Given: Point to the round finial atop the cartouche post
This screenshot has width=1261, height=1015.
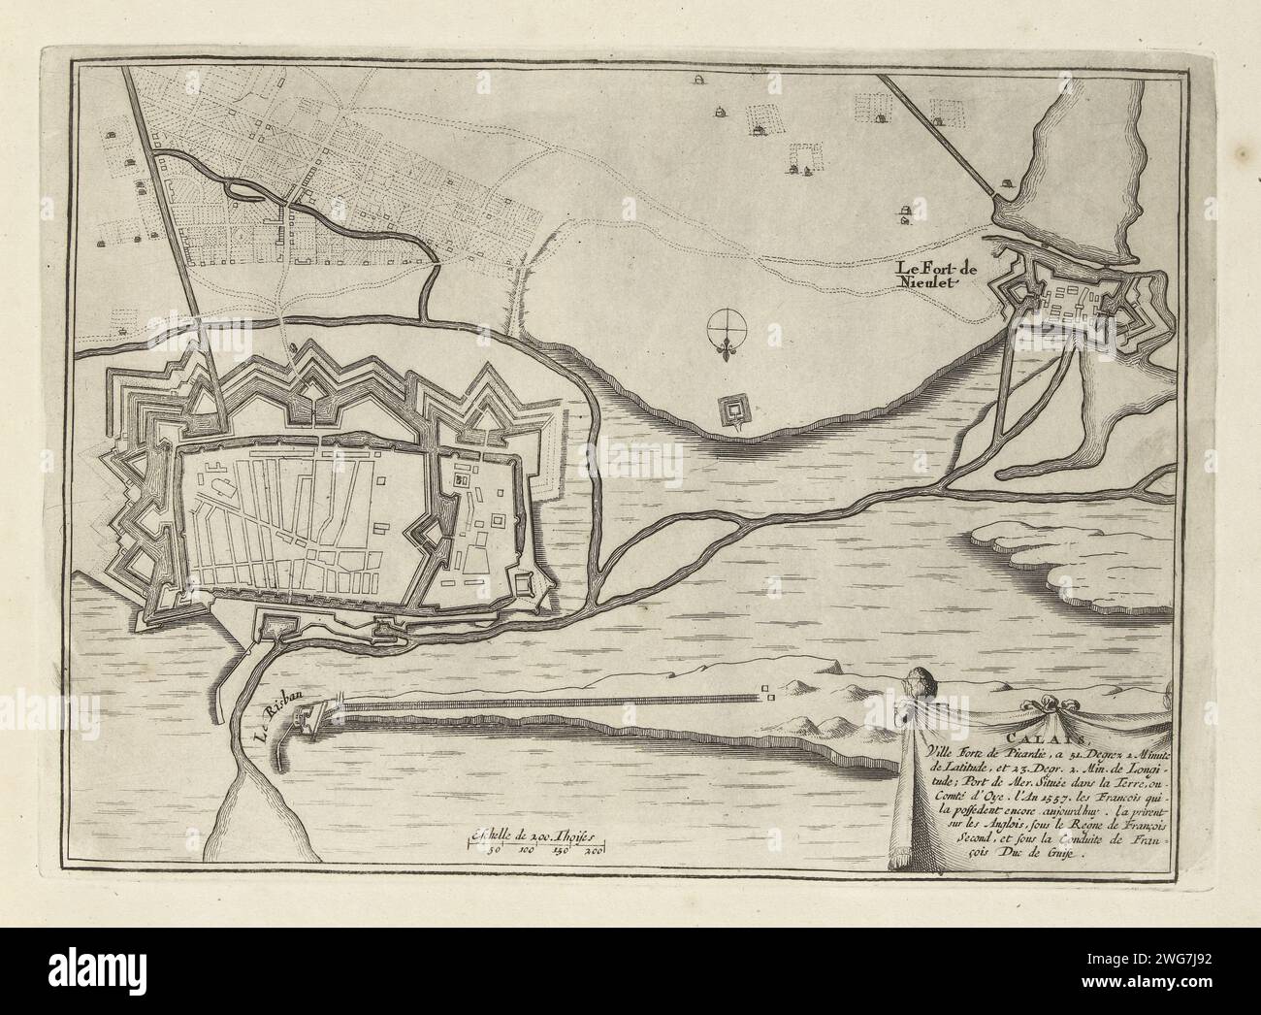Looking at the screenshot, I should tap(920, 682).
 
